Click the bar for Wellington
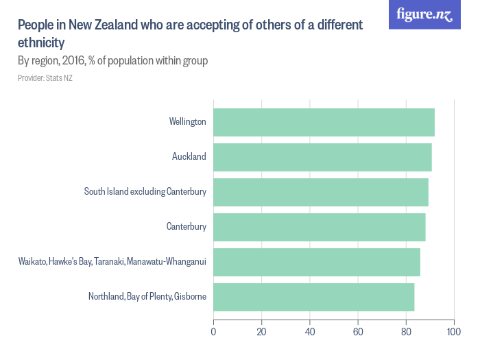tap(324, 122)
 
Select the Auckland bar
tap(322, 157)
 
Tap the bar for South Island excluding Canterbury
tap(321, 192)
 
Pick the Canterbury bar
tap(320, 227)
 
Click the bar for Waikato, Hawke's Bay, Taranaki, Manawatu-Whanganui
tap(317, 262)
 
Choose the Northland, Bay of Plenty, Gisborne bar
tap(314, 297)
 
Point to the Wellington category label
tap(187, 122)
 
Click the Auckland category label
tap(189, 157)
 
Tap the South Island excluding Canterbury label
tap(145, 192)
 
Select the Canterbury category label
tap(186, 227)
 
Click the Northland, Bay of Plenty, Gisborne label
tap(147, 297)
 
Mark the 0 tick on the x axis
tap(214, 333)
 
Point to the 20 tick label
tap(261, 333)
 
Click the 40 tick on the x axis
tap(310, 333)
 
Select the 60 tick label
tap(358, 333)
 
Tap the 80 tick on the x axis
tap(406, 333)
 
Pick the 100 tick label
tap(453, 333)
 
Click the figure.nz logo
tap(424, 14)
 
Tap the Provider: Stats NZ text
tap(45, 78)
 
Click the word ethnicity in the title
tap(41, 43)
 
